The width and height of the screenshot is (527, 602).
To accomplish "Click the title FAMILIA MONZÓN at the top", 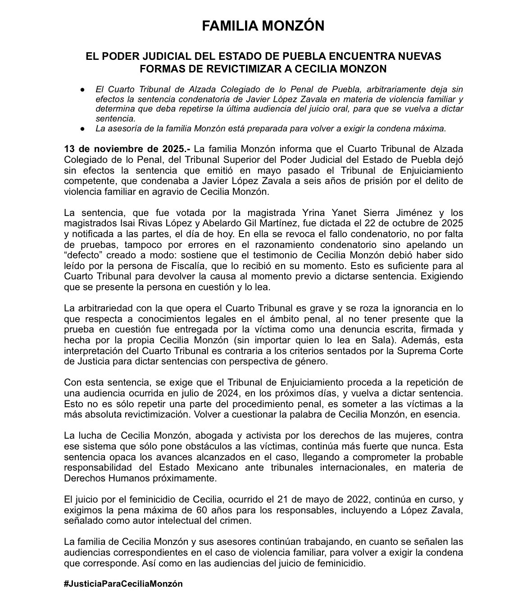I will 263,26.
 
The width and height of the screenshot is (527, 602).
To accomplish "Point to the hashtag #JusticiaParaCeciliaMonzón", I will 123,584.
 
